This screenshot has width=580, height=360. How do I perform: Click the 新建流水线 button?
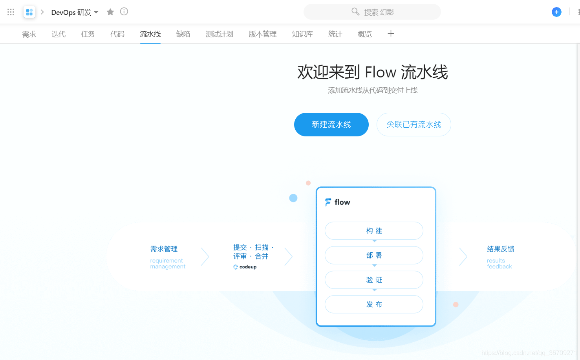pyautogui.click(x=331, y=125)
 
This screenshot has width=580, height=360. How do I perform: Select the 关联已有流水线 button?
pyautogui.click(x=414, y=125)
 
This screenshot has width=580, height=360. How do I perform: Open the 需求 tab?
pyautogui.click(x=29, y=34)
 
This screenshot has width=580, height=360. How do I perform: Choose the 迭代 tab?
pyautogui.click(x=59, y=34)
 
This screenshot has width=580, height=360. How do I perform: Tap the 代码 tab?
pyautogui.click(x=117, y=34)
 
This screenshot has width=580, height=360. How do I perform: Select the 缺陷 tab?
pyautogui.click(x=183, y=34)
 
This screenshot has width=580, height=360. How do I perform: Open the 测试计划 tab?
pyautogui.click(x=220, y=34)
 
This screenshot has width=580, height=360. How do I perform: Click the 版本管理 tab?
pyautogui.click(x=263, y=34)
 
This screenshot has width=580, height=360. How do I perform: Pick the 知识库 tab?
pyautogui.click(x=302, y=34)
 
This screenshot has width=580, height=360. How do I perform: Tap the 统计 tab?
pyautogui.click(x=335, y=34)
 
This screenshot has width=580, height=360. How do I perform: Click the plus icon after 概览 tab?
pyautogui.click(x=391, y=34)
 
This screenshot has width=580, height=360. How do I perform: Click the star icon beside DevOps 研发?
pyautogui.click(x=110, y=12)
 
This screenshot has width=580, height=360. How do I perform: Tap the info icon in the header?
pyautogui.click(x=124, y=12)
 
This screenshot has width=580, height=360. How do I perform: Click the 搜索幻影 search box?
pyautogui.click(x=372, y=12)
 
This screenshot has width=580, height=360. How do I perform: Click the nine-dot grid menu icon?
pyautogui.click(x=11, y=12)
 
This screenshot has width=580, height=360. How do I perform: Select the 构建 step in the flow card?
pyautogui.click(x=374, y=231)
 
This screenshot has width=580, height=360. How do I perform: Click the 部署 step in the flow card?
pyautogui.click(x=374, y=255)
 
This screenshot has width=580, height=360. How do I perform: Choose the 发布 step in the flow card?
pyautogui.click(x=374, y=304)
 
